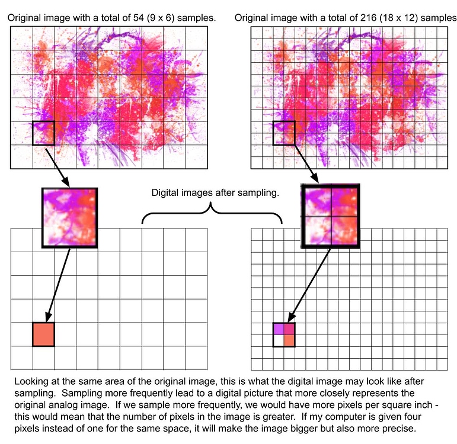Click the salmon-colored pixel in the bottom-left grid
[43, 334]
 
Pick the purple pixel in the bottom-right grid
[278, 329]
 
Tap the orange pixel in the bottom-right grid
[289, 340]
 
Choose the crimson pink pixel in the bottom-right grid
[289, 329]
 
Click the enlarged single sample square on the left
[69, 217]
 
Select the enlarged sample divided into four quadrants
[330, 216]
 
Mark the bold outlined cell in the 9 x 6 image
[43, 133]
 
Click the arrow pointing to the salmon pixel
[59, 284]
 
